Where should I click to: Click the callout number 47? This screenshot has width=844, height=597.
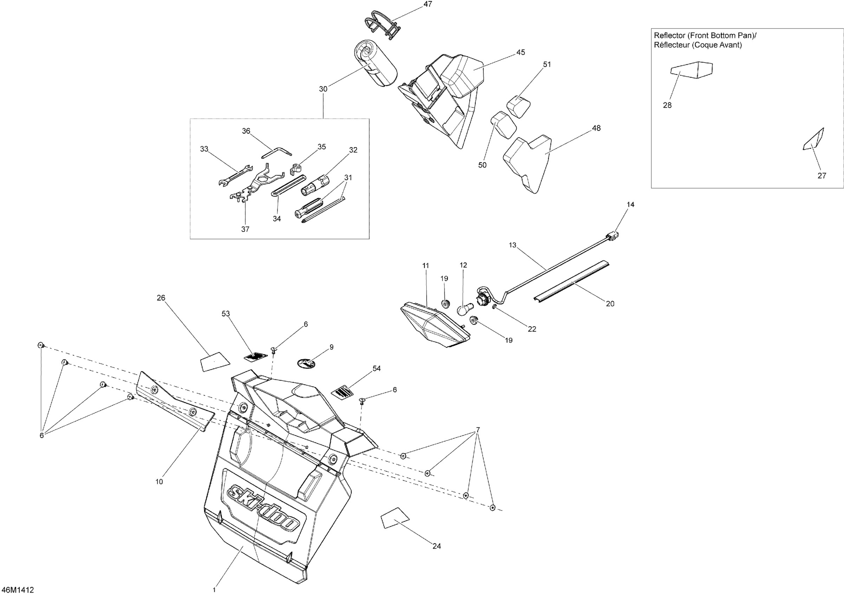tap(428, 4)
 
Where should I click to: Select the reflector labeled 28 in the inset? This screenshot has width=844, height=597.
tap(692, 69)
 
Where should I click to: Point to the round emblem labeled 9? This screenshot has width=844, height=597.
tap(306, 363)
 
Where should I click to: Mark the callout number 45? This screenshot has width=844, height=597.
tap(520, 53)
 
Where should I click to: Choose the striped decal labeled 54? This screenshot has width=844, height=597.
tap(343, 391)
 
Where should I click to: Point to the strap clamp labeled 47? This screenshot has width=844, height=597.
tap(381, 24)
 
